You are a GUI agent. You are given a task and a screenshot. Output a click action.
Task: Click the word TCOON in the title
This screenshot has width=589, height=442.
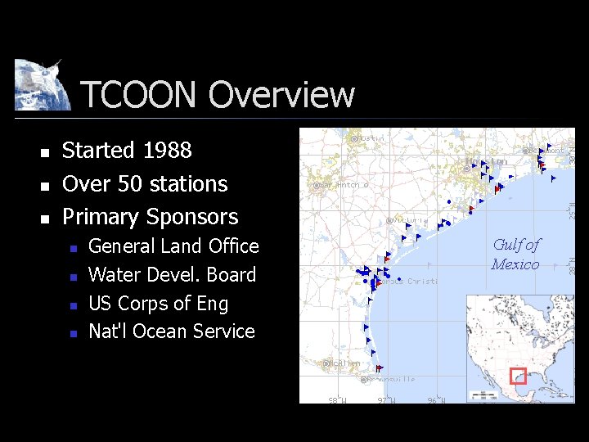(140, 95)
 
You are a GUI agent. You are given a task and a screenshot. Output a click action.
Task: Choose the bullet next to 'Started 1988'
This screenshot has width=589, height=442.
(46, 152)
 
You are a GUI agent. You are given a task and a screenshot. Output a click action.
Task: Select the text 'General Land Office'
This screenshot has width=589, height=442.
(173, 246)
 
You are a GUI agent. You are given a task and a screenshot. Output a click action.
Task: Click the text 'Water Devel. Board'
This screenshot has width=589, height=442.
(172, 275)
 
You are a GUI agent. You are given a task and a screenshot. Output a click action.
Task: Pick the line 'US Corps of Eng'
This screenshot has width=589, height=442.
(158, 304)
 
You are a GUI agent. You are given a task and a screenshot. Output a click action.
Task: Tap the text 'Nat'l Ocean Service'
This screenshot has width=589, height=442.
(171, 331)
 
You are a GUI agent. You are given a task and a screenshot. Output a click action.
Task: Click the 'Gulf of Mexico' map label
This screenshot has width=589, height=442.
(515, 255)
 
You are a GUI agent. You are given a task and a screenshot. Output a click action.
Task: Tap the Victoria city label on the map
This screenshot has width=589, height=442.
(407, 220)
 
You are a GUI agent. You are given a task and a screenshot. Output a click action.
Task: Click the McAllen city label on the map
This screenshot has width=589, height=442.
(344, 363)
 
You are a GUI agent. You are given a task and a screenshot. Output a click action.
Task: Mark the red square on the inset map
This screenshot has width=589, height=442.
(517, 376)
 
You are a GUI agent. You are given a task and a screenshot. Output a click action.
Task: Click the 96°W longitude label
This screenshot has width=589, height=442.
(436, 400)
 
